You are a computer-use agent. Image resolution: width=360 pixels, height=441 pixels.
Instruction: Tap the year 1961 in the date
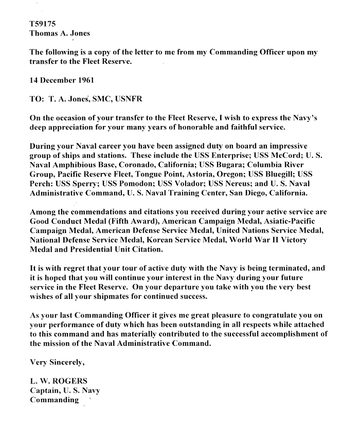(x=83, y=81)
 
